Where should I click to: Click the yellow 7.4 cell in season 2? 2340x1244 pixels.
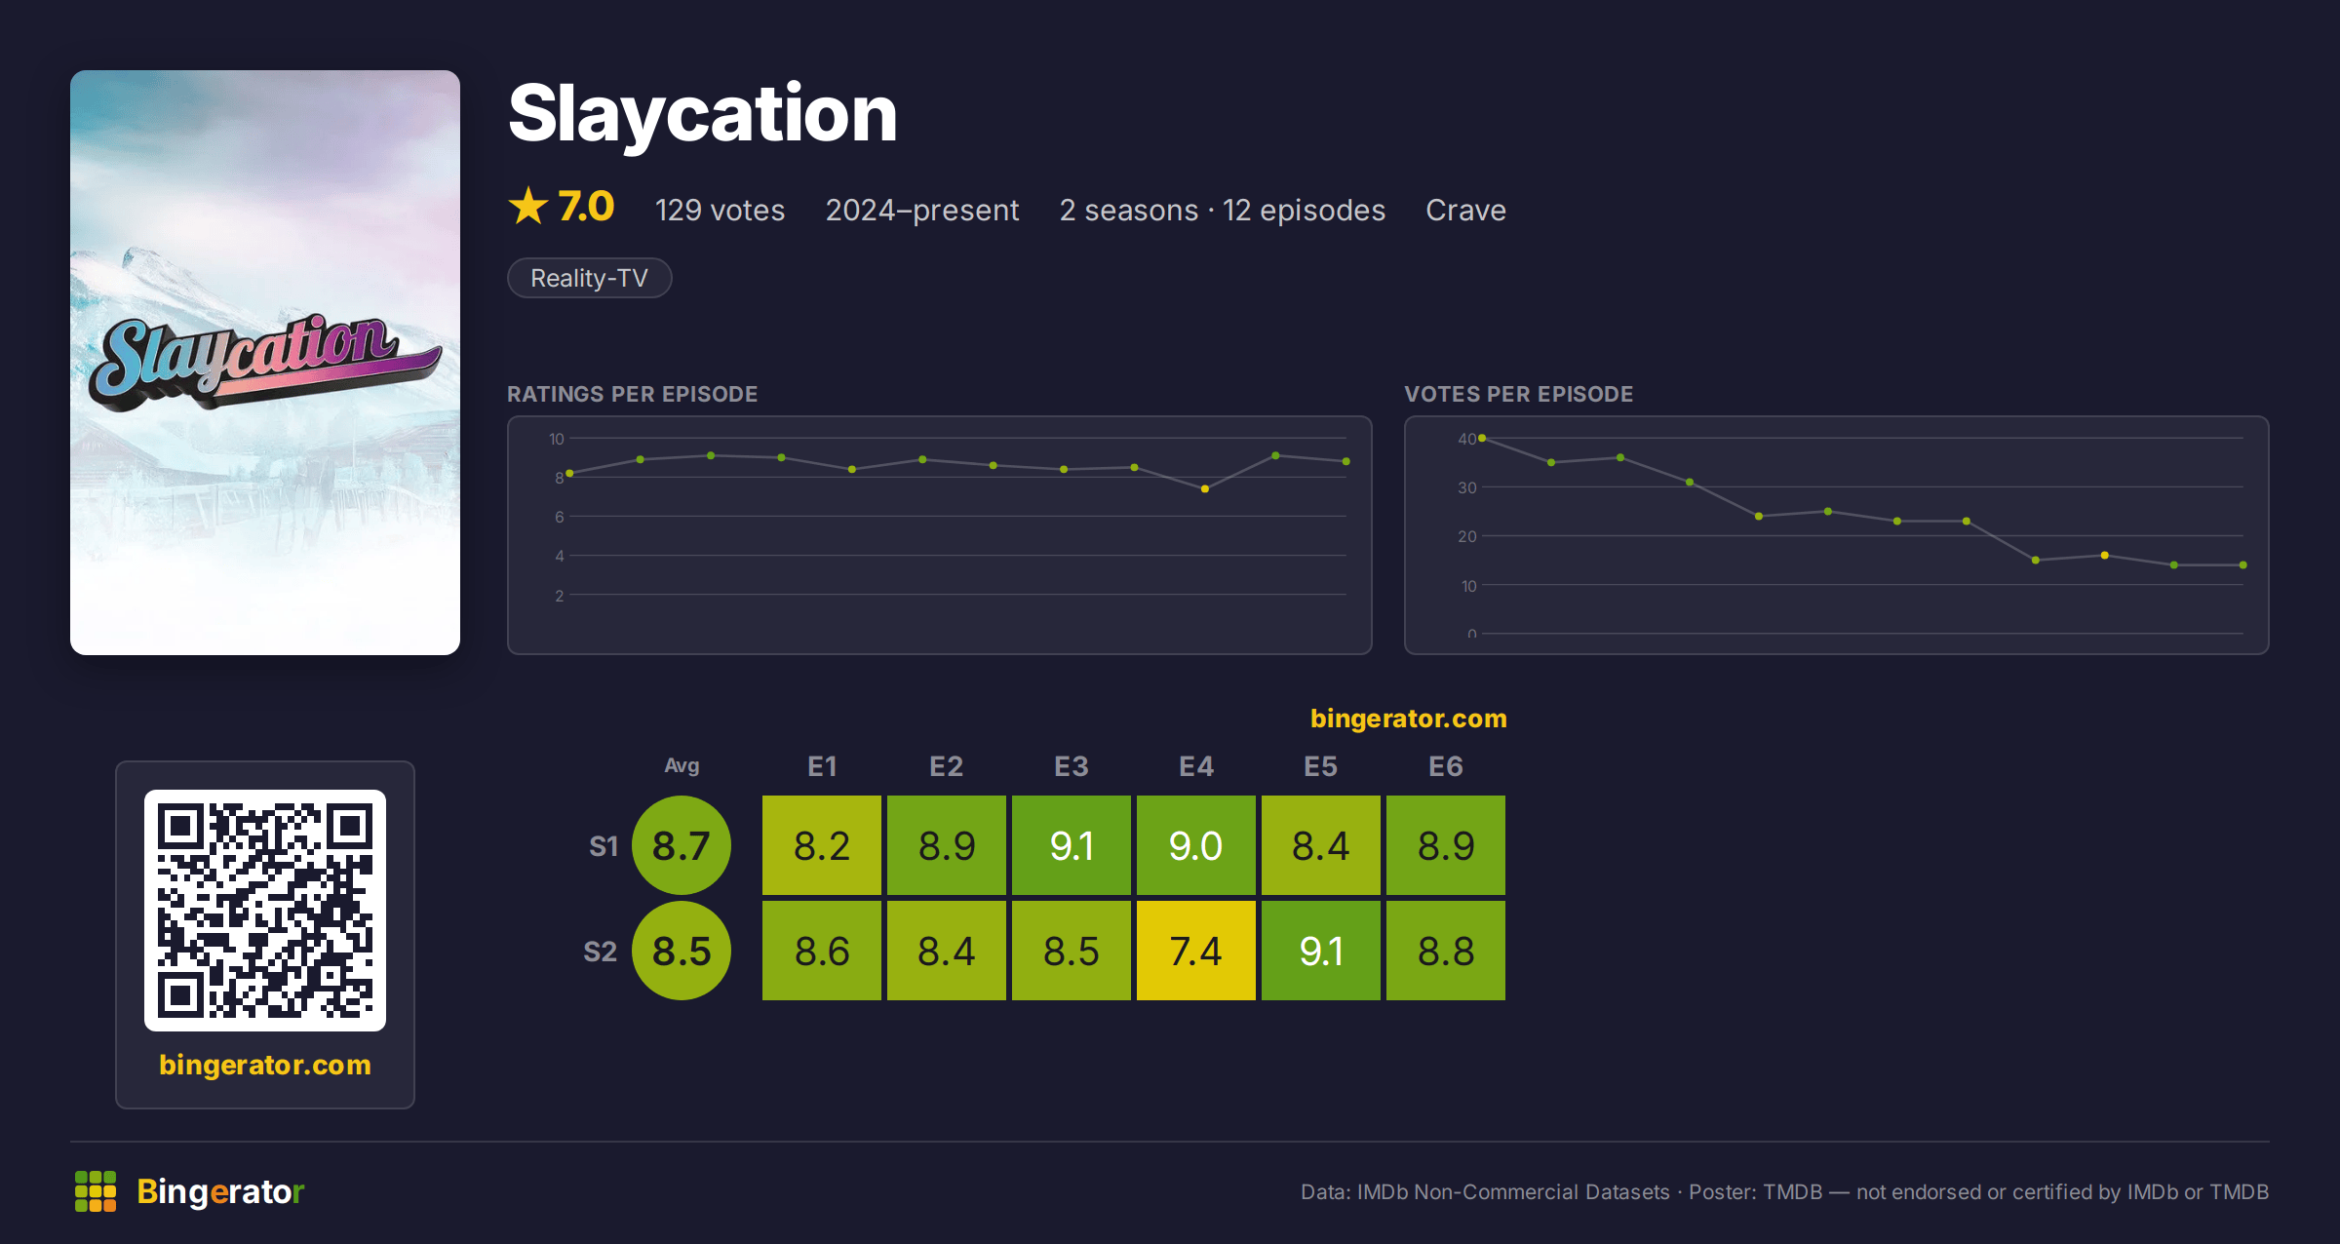[x=1195, y=951]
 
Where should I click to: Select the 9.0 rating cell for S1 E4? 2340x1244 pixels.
[x=1195, y=845]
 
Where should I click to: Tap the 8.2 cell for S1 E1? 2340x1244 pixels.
[x=821, y=845]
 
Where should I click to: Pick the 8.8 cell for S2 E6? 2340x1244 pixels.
[x=1445, y=951]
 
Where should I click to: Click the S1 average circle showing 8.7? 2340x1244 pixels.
[x=682, y=845]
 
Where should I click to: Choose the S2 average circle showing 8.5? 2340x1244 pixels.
[x=682, y=951]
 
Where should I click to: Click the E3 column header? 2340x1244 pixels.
[x=1071, y=766]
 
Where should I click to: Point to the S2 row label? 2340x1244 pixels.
[x=600, y=952]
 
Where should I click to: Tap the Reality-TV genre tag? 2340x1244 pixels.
[x=589, y=278]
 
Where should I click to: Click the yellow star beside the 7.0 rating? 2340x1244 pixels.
[x=528, y=207]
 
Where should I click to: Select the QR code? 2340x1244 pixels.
[x=265, y=911]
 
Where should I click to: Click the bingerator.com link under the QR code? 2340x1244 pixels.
[x=265, y=1065]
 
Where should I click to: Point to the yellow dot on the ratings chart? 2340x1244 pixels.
[x=1205, y=488]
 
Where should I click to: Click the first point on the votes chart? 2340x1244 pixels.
[x=1482, y=438]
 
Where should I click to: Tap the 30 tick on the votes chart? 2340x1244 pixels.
[x=1467, y=487]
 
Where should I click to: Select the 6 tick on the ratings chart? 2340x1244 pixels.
[x=560, y=517]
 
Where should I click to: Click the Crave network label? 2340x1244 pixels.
[x=1465, y=210]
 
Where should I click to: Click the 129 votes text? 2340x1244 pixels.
[x=720, y=210]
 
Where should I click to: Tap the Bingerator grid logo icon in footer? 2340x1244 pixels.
[x=96, y=1191]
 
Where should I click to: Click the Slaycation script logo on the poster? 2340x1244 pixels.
[x=263, y=359]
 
